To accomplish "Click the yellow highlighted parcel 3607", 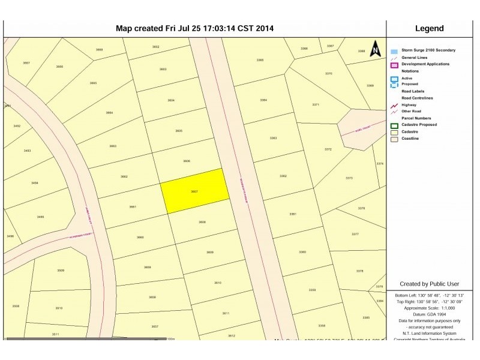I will (195, 191).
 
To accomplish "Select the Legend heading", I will (429, 28).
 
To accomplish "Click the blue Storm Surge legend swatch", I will (394, 51).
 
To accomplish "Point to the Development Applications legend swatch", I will (394, 65).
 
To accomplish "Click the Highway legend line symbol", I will (394, 105).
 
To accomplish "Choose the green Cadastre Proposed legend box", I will (394, 125).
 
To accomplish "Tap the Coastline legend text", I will (410, 139).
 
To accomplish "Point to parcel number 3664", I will (109, 112).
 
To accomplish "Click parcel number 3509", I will (61, 271).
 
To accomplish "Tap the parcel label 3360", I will (302, 252).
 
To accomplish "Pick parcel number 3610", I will (218, 283).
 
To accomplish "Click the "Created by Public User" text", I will (429, 284).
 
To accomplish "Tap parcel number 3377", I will (355, 234).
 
